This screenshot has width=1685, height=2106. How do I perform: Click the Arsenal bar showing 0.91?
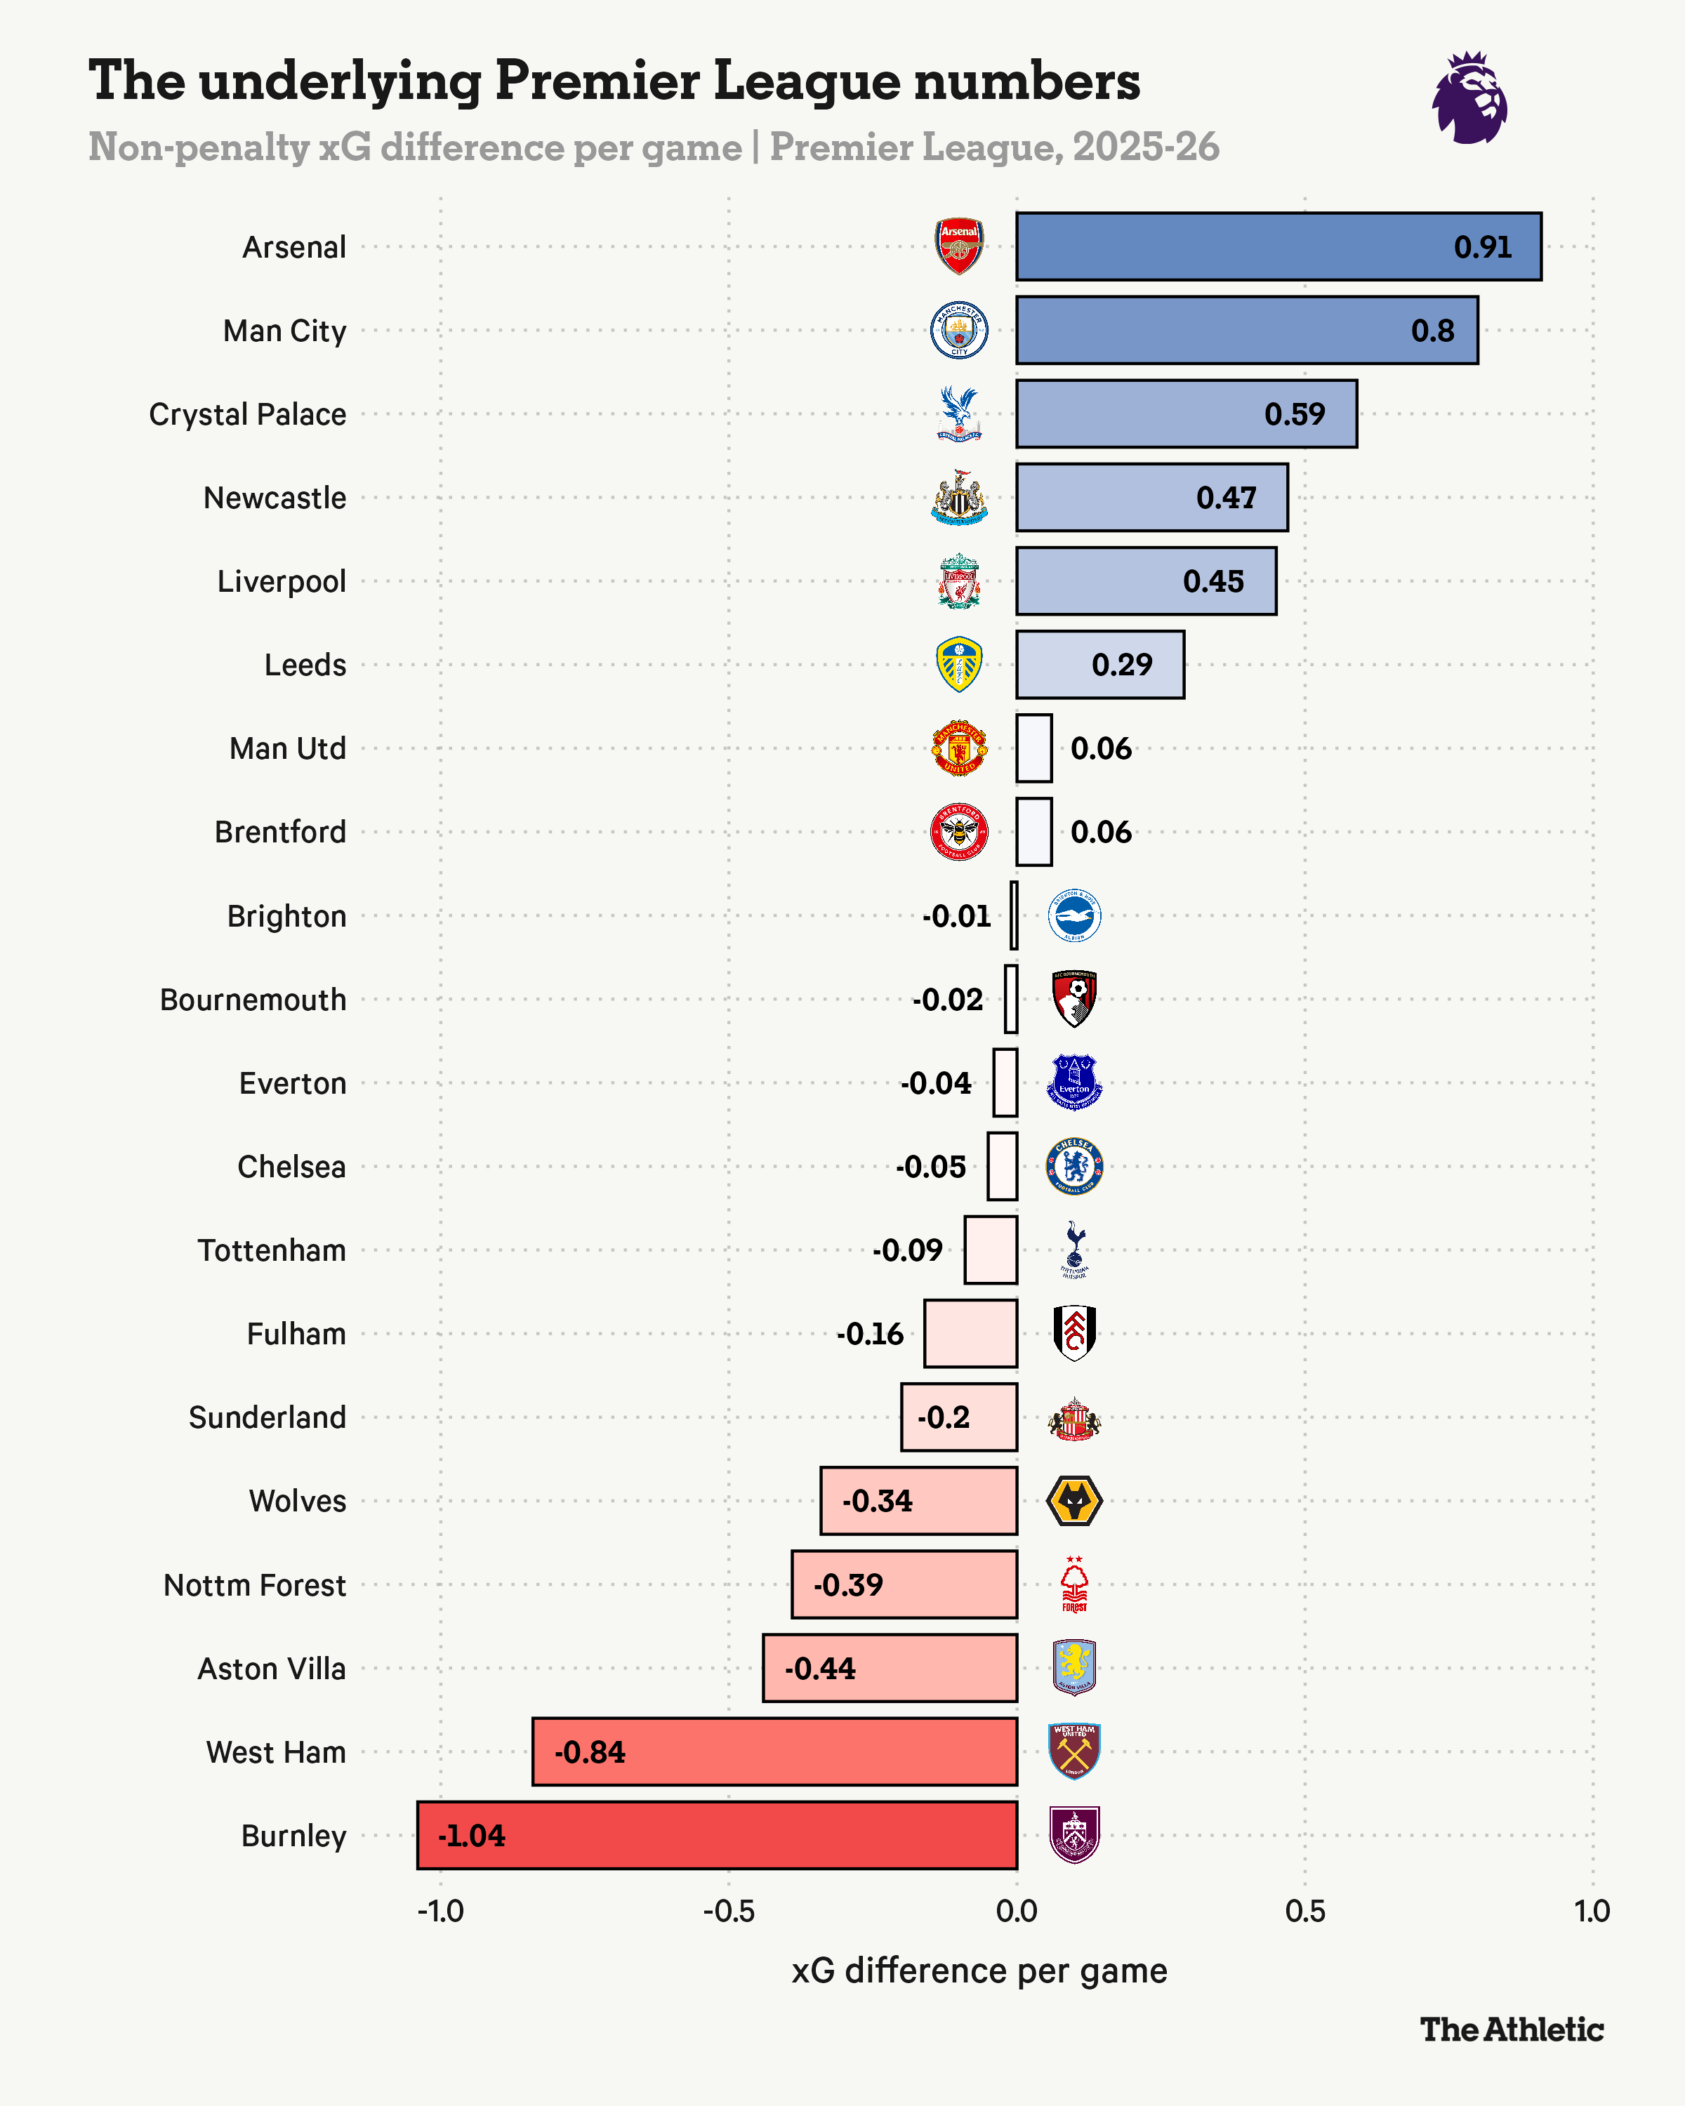(x=1278, y=246)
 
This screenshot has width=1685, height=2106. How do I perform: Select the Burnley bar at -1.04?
(x=716, y=1836)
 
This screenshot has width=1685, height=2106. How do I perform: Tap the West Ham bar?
(x=774, y=1751)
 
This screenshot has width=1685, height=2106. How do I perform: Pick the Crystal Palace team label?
(x=247, y=414)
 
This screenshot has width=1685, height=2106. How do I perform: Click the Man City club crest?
(x=959, y=330)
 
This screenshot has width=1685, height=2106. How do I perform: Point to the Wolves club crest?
(x=1073, y=1500)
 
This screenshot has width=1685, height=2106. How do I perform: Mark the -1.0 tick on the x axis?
(x=440, y=1911)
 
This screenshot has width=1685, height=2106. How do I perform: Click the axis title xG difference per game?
(x=979, y=1971)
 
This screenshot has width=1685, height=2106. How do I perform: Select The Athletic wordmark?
(x=1511, y=2029)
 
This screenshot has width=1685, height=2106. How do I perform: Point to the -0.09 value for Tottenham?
(x=908, y=1250)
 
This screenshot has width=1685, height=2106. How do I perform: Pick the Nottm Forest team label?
(x=254, y=1584)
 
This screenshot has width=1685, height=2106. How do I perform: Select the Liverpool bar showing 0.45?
(x=1146, y=581)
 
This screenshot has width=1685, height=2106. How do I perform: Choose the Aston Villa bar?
(x=889, y=1667)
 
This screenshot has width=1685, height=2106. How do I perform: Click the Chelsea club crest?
(x=1073, y=1166)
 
